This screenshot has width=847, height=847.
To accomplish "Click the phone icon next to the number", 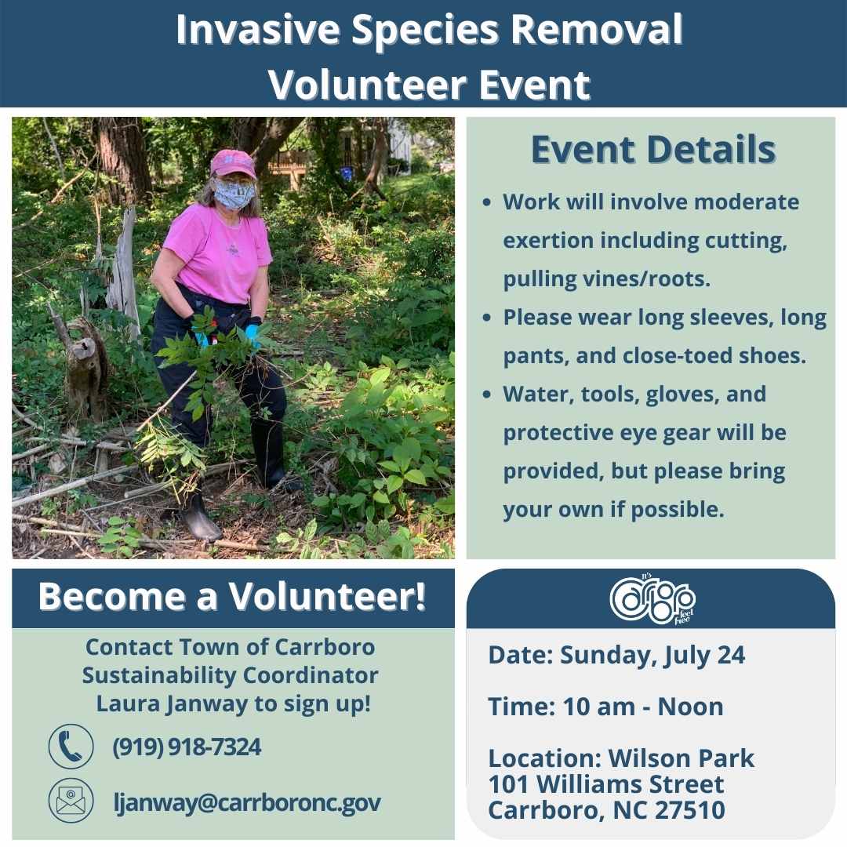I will (71, 747).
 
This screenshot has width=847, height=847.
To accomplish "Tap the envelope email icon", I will (71, 801).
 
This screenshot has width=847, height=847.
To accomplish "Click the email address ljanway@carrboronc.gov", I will (247, 802).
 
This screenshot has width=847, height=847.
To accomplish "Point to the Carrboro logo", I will (652, 599).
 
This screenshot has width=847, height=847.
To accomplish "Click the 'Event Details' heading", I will (653, 150).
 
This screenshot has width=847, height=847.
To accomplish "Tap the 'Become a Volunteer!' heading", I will (232, 597).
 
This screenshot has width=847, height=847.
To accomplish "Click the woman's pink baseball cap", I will (232, 163).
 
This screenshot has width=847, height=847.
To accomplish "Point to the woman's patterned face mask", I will (234, 194).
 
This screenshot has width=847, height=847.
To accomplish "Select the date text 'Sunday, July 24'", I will (652, 656).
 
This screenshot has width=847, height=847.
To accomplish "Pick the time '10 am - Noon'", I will (643, 707).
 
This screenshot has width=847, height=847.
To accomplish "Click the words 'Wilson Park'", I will (681, 758).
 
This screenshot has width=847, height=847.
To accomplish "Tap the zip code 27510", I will (686, 809).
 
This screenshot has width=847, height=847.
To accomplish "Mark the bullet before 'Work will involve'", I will (487, 202).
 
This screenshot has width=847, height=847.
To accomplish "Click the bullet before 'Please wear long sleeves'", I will (487, 318).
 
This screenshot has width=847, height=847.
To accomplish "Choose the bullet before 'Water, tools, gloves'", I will (487, 394).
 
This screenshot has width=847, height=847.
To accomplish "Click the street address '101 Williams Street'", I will (605, 784).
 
